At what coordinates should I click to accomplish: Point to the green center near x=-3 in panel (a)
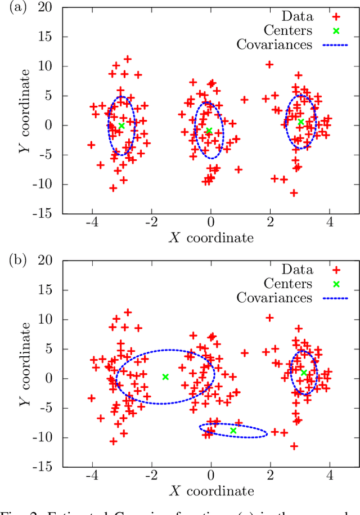tap(121, 126)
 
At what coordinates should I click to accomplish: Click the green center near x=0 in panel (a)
tap(209, 131)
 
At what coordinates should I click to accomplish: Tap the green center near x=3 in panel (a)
tap(300, 122)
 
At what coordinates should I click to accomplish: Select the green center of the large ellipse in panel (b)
tap(165, 377)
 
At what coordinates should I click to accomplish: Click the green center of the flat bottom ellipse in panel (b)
tap(233, 431)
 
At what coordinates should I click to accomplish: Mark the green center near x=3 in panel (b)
tap(303, 373)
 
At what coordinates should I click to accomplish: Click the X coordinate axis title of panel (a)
tap(211, 238)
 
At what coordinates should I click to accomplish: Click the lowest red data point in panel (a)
tap(293, 193)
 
